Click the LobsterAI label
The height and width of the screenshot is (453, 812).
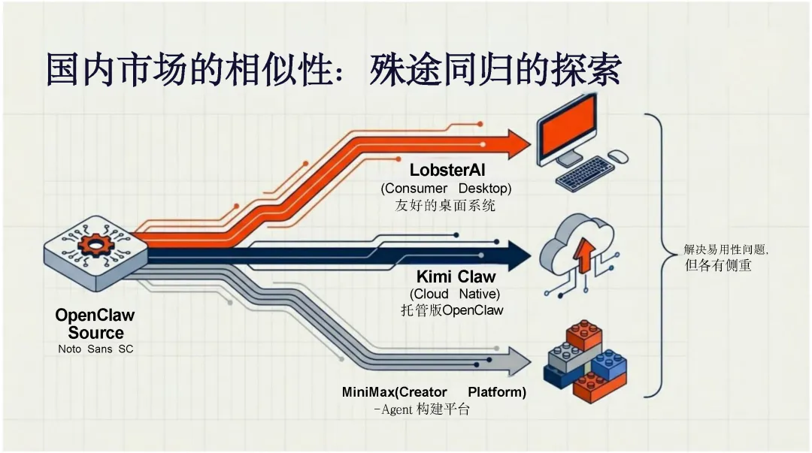click(447, 171)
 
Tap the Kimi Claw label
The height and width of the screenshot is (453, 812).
click(456, 276)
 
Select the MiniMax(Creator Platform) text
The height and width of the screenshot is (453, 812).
click(434, 392)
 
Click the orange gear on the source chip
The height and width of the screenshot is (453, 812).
click(95, 244)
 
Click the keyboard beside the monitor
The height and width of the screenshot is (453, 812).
click(586, 173)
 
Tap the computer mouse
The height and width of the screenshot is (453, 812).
click(617, 156)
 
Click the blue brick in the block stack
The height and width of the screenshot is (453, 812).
click(608, 364)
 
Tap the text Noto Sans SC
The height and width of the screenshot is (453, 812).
click(95, 349)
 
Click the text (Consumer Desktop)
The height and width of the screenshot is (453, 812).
click(445, 188)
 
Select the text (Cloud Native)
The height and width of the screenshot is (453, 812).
click(455, 294)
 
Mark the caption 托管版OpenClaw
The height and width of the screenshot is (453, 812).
click(452, 310)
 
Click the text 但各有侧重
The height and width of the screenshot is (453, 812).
click(718, 265)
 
